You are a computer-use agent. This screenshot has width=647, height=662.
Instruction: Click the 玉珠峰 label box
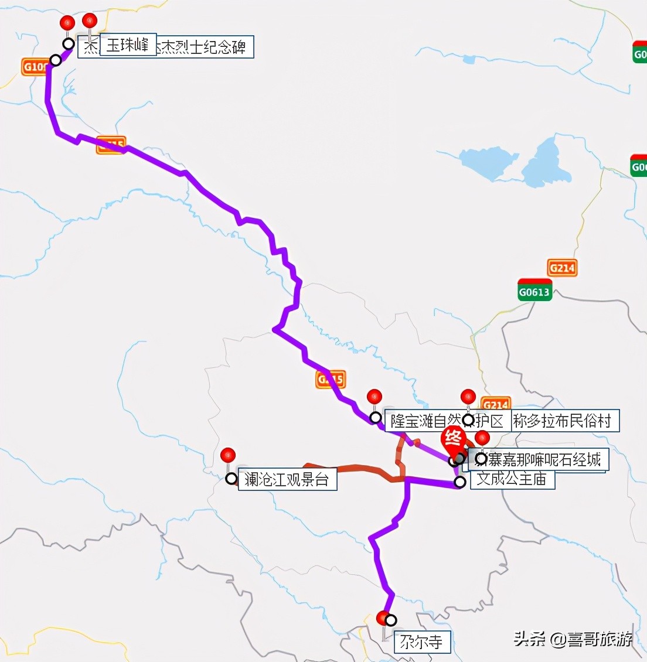point(128,45)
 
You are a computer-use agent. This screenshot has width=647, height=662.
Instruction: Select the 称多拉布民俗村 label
point(563,421)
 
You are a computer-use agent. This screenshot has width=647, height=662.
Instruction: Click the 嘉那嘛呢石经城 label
point(545,459)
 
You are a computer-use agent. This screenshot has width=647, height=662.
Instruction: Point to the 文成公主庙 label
point(512,479)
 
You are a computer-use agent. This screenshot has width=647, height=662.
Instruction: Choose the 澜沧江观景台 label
point(287,479)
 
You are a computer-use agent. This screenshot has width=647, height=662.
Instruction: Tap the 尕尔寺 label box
point(421,641)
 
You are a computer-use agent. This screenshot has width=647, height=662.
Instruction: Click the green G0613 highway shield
point(534,291)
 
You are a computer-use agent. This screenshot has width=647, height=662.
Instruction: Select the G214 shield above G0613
point(562,268)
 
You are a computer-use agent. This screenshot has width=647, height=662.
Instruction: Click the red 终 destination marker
point(453,438)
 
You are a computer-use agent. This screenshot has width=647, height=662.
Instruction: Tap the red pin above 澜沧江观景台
point(228,455)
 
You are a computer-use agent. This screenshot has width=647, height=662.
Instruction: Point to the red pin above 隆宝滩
point(374,397)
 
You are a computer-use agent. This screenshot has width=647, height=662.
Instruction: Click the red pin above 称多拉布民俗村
point(468,397)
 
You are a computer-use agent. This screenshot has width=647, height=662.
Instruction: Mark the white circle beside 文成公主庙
point(460,482)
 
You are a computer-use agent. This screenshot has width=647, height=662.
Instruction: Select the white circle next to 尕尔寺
point(391,620)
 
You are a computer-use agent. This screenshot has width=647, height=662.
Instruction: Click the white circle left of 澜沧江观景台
point(231,479)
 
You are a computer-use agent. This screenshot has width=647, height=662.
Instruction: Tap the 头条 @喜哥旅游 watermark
point(573,638)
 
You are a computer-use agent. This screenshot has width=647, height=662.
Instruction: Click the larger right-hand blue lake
point(546,164)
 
